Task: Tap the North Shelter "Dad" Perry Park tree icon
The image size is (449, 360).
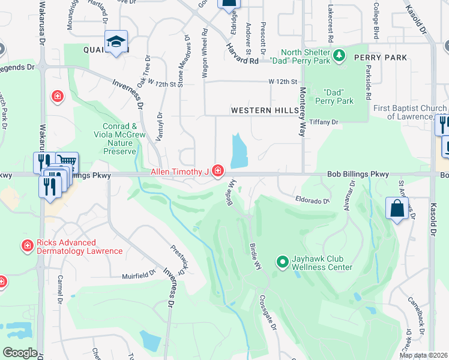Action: pyautogui.click(x=340, y=56)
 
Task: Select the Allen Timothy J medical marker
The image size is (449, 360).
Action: pyautogui.click(x=217, y=172)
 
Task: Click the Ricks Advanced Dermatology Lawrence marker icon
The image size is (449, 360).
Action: pyautogui.click(x=27, y=246)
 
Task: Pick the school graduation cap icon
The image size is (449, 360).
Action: pyautogui.click(x=115, y=41)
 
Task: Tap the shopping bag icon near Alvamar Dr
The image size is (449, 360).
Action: pyautogui.click(x=397, y=209)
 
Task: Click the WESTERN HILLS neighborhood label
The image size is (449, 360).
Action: pyautogui.click(x=265, y=111)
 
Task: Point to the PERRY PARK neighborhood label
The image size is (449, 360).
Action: pyautogui.click(x=380, y=58)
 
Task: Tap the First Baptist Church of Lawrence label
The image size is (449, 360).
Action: pyautogui.click(x=410, y=112)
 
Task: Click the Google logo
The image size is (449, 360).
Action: pyautogui.click(x=20, y=353)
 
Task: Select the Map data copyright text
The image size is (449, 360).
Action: pyautogui.click(x=423, y=355)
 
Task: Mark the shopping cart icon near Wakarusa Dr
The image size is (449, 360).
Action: pyautogui.click(x=68, y=161)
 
